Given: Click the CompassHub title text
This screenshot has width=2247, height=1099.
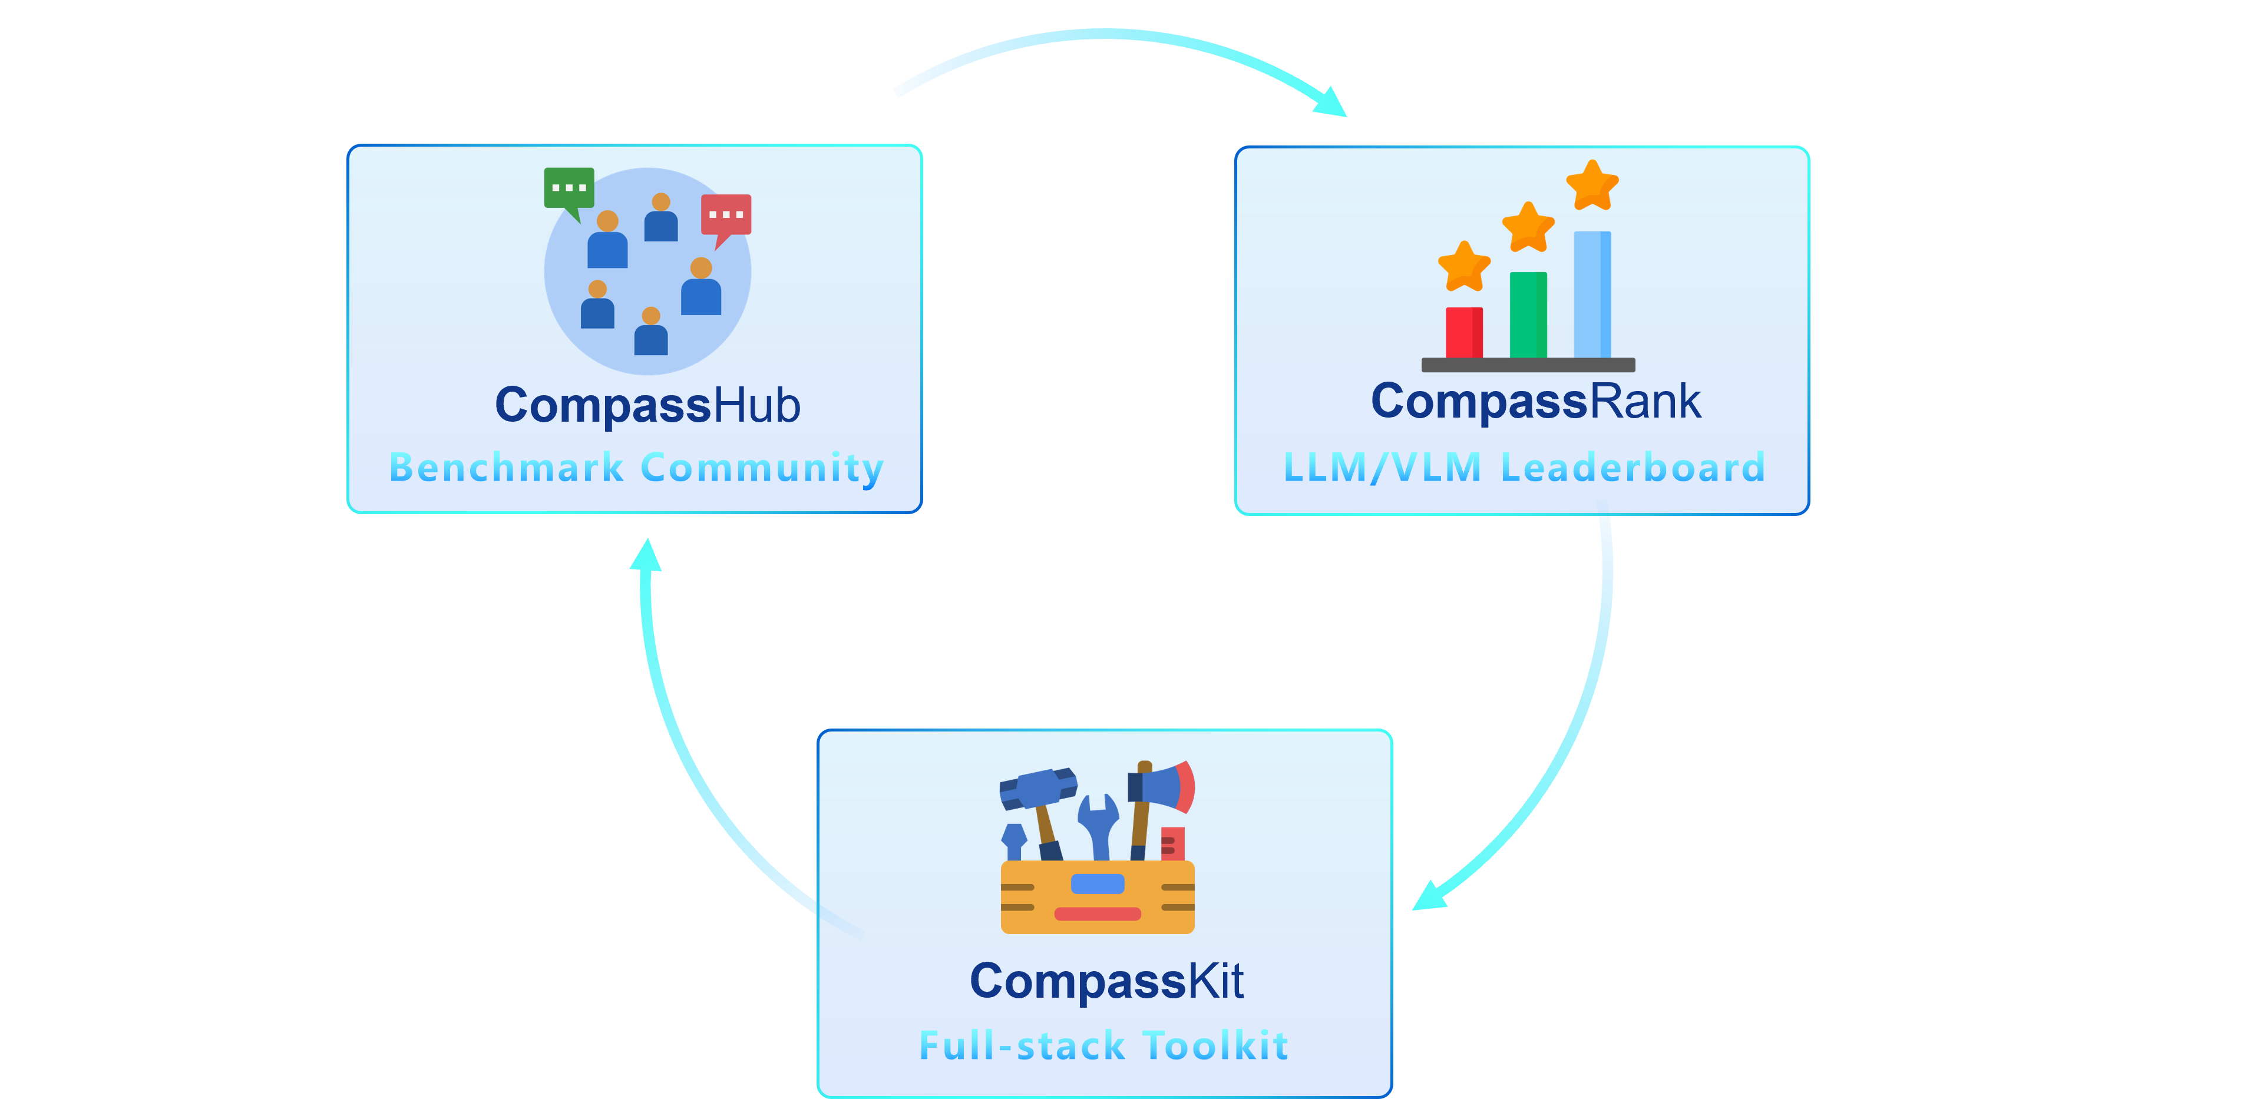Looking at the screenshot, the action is pyautogui.click(x=647, y=406).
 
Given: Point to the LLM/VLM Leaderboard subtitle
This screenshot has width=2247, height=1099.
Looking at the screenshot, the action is pyautogui.click(x=1524, y=468).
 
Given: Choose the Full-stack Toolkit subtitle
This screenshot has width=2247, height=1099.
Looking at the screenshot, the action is pyautogui.click(x=1103, y=1045).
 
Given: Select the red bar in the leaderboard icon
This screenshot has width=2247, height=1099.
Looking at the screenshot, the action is pyautogui.click(x=1463, y=332).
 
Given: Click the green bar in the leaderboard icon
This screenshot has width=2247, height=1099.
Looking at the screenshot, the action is pyautogui.click(x=1528, y=315).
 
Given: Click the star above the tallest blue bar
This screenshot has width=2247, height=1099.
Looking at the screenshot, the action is pyautogui.click(x=1592, y=185).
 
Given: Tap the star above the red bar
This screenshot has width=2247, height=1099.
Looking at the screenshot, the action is pyautogui.click(x=1463, y=266).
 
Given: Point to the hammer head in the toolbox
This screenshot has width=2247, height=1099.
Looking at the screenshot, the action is pyautogui.click(x=1038, y=789).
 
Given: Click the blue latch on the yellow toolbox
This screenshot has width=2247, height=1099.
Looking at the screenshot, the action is pyautogui.click(x=1098, y=883).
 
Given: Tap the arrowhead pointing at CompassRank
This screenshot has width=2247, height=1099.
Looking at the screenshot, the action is pyautogui.click(x=1332, y=102).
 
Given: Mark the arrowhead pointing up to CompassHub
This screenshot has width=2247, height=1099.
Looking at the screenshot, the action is pyautogui.click(x=646, y=555).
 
